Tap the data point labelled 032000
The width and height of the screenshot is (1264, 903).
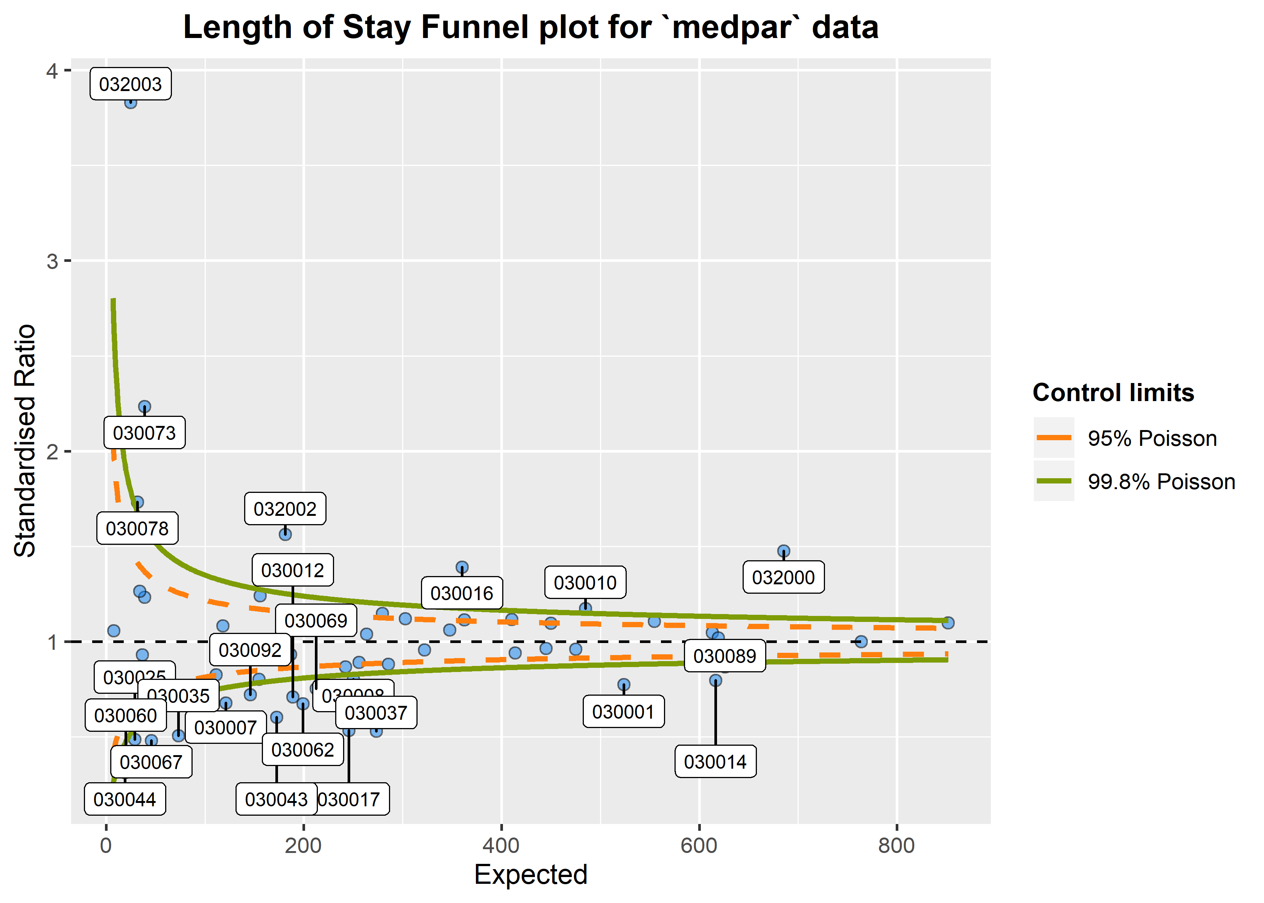[x=783, y=552]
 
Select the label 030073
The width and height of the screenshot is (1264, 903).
[x=144, y=433]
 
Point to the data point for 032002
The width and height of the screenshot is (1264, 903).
[x=285, y=534]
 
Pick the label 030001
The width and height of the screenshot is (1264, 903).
[x=623, y=712]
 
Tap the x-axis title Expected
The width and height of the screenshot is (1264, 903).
[x=530, y=875]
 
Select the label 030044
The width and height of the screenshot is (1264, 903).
[x=125, y=800]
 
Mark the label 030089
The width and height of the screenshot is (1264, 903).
[x=724, y=657]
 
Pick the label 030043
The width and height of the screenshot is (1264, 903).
[x=276, y=800]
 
